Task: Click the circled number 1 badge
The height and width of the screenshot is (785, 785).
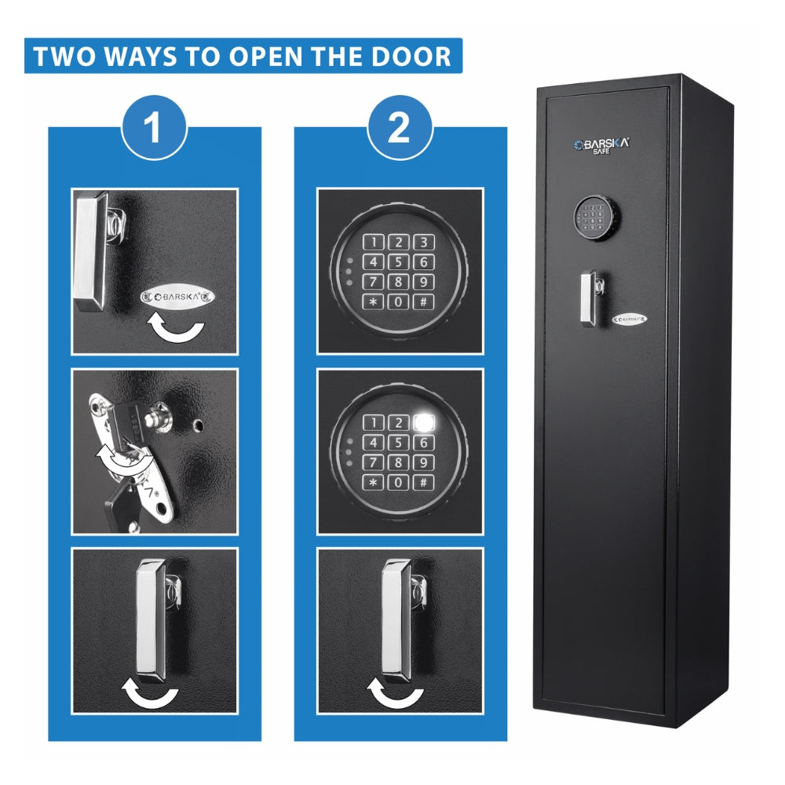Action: click(x=154, y=127)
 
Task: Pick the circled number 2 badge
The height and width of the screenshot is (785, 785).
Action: click(x=399, y=127)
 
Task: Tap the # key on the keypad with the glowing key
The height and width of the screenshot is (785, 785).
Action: click(x=424, y=483)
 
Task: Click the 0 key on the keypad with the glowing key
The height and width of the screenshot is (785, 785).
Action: click(x=399, y=483)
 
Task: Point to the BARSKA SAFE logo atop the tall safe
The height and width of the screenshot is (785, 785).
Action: click(x=602, y=146)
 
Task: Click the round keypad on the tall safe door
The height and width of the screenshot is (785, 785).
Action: click(x=597, y=217)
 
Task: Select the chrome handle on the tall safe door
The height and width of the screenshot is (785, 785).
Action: click(x=590, y=298)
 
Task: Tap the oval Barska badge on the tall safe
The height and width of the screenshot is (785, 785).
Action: click(x=630, y=319)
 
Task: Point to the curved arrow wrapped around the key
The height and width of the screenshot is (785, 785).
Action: click(x=122, y=459)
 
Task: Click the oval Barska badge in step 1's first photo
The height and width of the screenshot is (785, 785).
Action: click(x=177, y=297)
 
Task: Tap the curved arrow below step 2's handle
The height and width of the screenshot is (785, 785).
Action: click(x=396, y=692)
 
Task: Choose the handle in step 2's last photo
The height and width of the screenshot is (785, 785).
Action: click(x=399, y=620)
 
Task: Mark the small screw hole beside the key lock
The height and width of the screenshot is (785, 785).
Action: click(x=199, y=425)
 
